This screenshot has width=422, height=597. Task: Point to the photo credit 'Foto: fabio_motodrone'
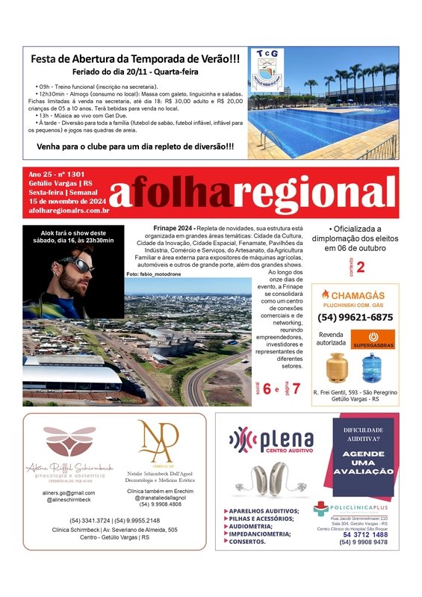152,275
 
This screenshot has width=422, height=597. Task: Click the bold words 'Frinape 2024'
163,227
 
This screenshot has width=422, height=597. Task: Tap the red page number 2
361,267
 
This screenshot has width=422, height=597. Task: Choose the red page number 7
297,389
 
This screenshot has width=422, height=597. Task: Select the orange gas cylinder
337,367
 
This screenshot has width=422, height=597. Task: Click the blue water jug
372,368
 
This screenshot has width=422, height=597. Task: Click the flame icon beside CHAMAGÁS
326,294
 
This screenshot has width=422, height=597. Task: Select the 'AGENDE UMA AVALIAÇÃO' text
363,462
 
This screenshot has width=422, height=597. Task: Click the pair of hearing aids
271,479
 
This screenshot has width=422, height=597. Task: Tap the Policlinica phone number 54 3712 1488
365,534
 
